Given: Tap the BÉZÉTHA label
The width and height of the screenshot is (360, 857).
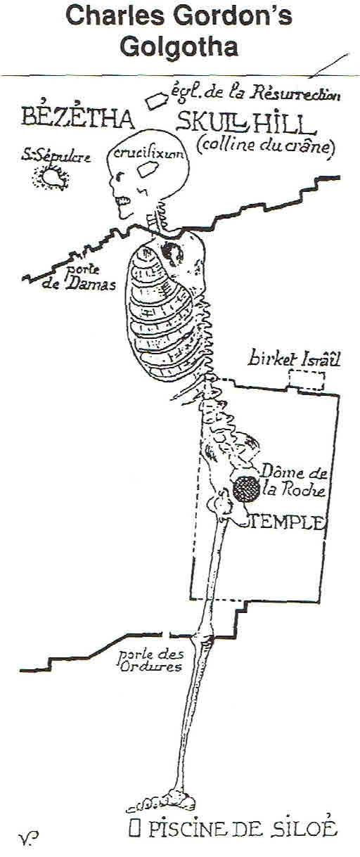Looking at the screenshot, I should point(77,117).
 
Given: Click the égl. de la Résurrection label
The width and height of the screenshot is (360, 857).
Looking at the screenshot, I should point(256,93).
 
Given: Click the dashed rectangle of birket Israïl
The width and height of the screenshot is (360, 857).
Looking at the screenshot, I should point(307,380).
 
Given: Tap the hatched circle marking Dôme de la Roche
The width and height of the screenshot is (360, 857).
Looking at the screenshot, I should point(246,489).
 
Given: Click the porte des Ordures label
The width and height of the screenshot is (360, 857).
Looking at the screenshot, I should point(150,660).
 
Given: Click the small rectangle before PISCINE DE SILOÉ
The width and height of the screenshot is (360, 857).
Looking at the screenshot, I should point(133,829).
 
